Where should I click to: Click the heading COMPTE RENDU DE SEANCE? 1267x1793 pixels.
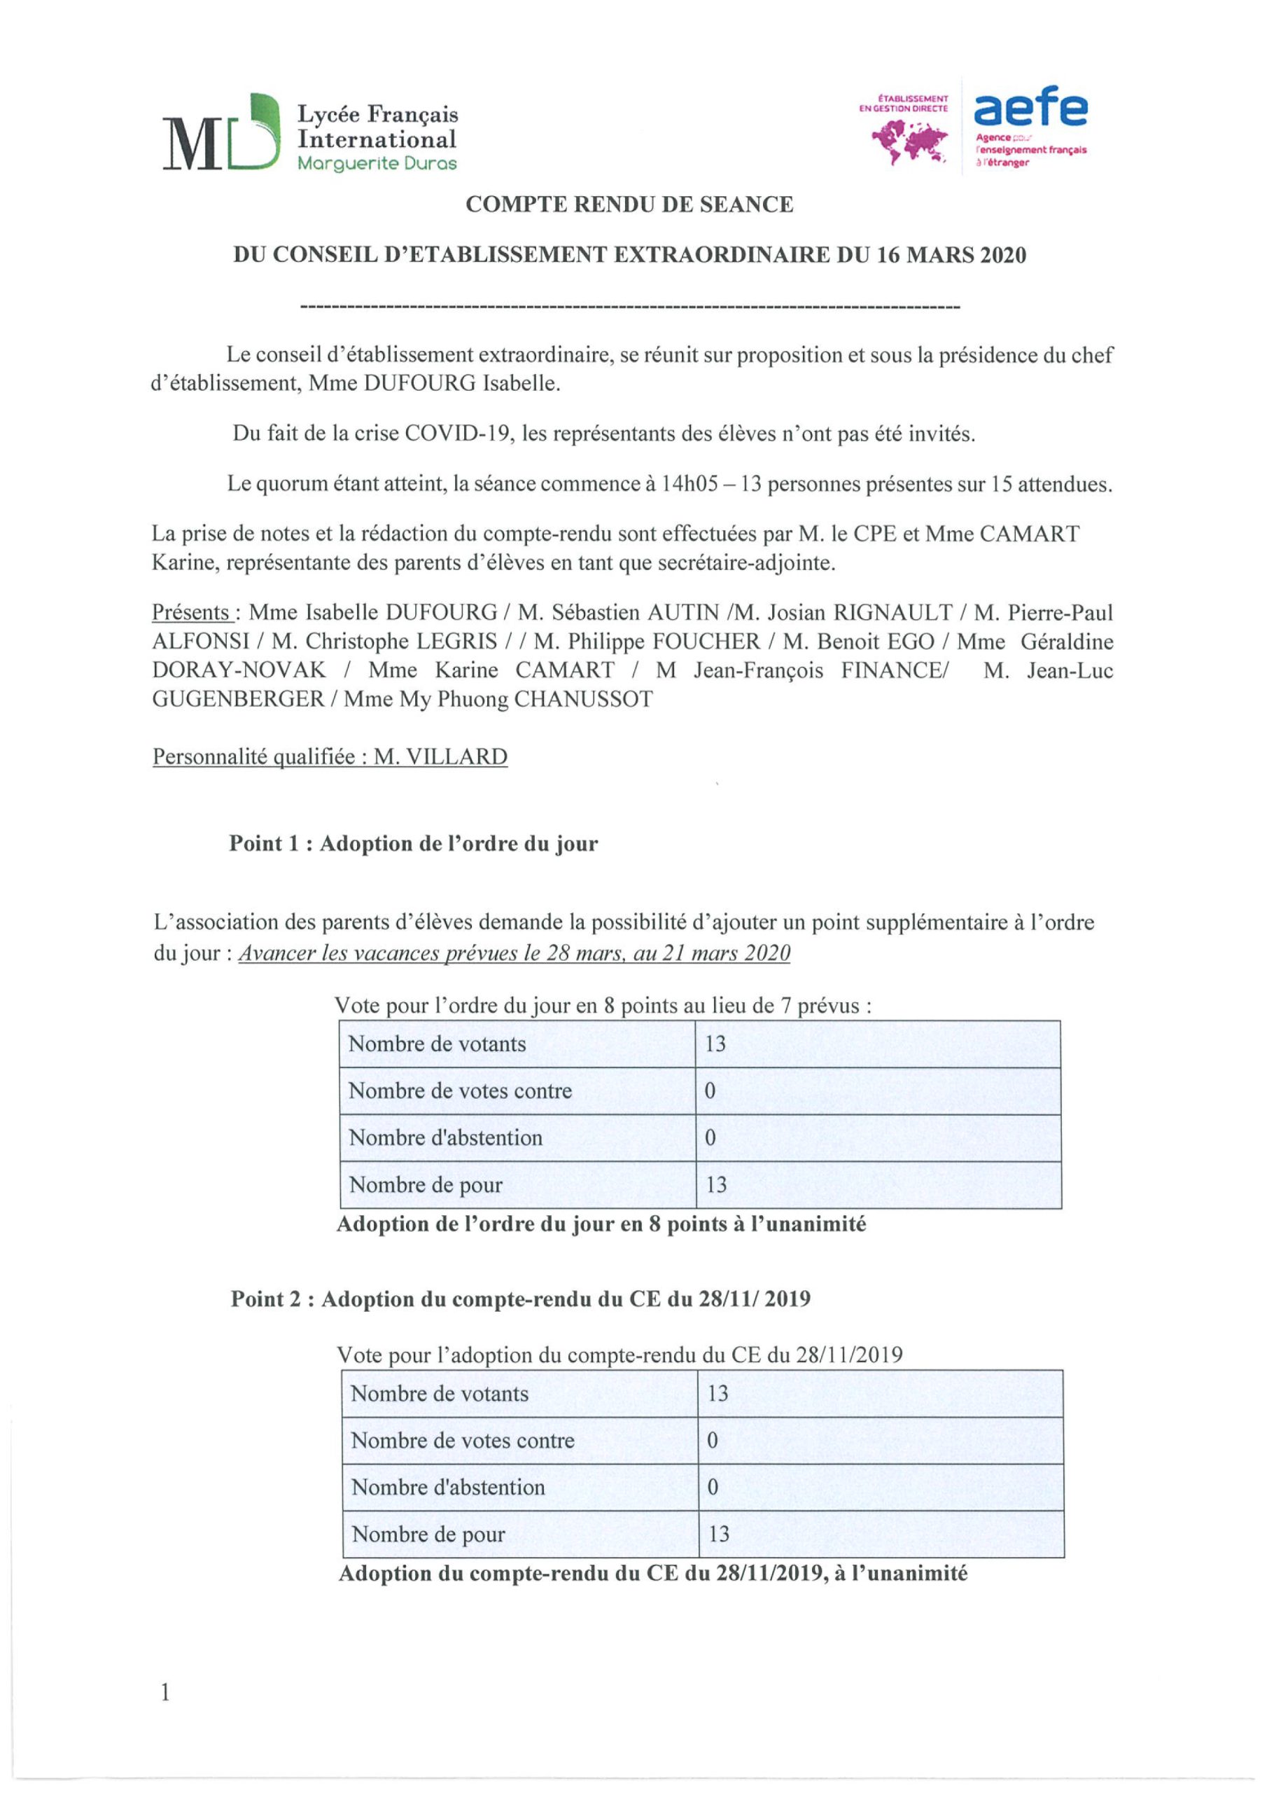pos(629,205)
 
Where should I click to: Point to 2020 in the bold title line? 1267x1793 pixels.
pos(1001,256)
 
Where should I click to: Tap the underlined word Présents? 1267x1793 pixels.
pos(190,612)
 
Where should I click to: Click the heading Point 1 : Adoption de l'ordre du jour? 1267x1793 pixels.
pos(413,843)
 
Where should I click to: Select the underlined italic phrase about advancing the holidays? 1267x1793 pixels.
pos(514,953)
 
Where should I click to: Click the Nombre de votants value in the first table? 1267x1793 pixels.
pos(715,1044)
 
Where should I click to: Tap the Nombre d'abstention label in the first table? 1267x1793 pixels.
pos(445,1138)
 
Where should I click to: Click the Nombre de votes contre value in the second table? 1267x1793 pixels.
pos(712,1441)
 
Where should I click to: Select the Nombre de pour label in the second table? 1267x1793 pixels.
pos(428,1535)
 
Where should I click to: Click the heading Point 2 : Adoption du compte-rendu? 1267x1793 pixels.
pos(520,1299)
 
